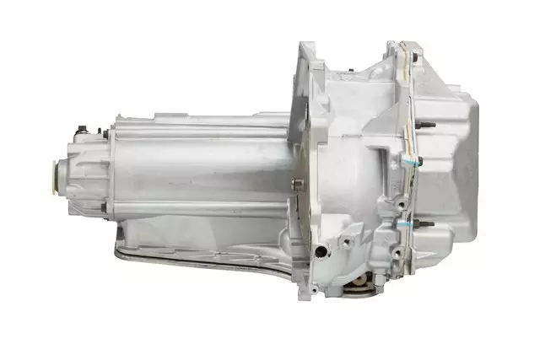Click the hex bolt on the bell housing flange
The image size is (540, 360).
(x=295, y=184)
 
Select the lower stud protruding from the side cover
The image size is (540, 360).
(x=428, y=224)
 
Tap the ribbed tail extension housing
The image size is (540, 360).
(x=89, y=173)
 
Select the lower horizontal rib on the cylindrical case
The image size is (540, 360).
(x=202, y=207)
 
